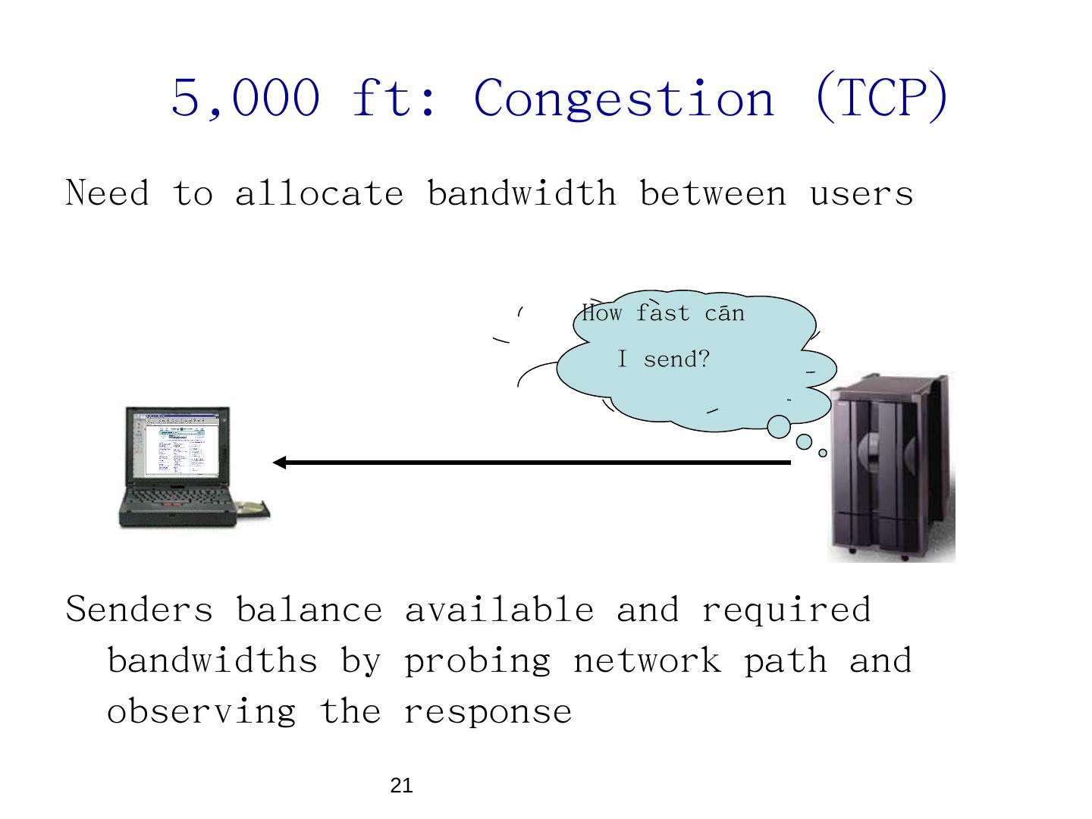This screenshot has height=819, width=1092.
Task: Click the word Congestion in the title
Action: pos(624,99)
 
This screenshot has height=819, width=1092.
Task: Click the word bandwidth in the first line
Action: pos(522,193)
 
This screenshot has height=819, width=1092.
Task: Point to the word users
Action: pos(861,194)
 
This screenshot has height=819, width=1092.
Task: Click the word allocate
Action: pos(319,193)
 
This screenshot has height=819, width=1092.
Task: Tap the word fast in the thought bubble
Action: pos(663,313)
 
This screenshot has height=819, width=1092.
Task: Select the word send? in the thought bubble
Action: pos(676,359)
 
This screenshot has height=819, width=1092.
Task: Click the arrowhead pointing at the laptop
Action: pos(278,463)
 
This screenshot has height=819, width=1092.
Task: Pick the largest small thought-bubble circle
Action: pos(779,426)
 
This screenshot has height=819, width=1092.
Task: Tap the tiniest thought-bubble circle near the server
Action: pos(823,453)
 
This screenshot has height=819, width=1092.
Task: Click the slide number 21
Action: pos(401,786)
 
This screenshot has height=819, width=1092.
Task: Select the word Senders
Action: pos(140,610)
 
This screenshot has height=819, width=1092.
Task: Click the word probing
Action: pos(477,661)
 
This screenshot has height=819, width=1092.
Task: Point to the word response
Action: pos(487,712)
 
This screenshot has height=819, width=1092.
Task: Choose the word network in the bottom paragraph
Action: pos(647,661)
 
